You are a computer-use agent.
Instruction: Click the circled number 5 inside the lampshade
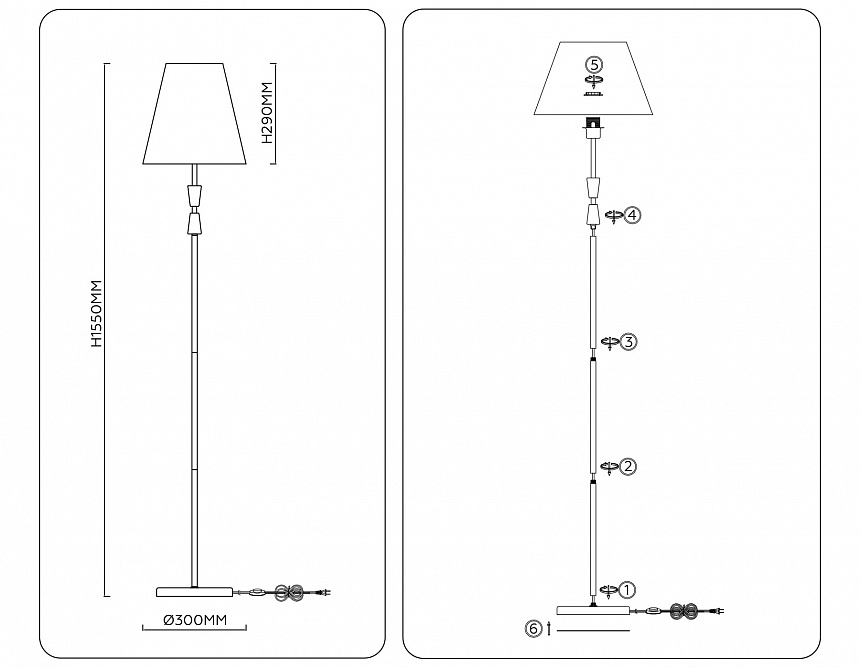pos(594,65)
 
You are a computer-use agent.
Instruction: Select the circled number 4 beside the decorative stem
pos(632,215)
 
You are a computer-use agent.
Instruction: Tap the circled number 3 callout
pos(628,342)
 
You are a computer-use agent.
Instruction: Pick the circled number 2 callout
pos(628,467)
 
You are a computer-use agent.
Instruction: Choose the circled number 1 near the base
pos(627,590)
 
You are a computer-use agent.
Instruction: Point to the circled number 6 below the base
pos(533,629)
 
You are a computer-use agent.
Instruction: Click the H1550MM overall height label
pos(97,313)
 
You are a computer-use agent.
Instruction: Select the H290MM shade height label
pos(267,113)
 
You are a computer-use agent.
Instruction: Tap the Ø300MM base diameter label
pos(195,620)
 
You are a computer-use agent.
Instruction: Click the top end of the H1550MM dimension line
pos(105,64)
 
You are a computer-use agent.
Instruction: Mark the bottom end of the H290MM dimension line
pos(275,164)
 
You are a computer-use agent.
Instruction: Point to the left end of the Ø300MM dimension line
pos(143,629)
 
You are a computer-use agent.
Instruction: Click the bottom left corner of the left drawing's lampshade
pos(143,163)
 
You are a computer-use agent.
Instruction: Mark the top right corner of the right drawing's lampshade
pos(627,42)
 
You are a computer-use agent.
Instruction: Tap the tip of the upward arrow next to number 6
pos(548,622)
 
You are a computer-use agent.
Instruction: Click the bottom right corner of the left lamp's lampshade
pos(246,163)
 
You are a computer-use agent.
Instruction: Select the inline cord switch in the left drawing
pos(256,592)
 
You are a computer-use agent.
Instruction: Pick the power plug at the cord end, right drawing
pos(717,610)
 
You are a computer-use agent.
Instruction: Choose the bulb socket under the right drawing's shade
pos(592,127)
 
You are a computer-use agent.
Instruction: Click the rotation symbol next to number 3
pos(609,342)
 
